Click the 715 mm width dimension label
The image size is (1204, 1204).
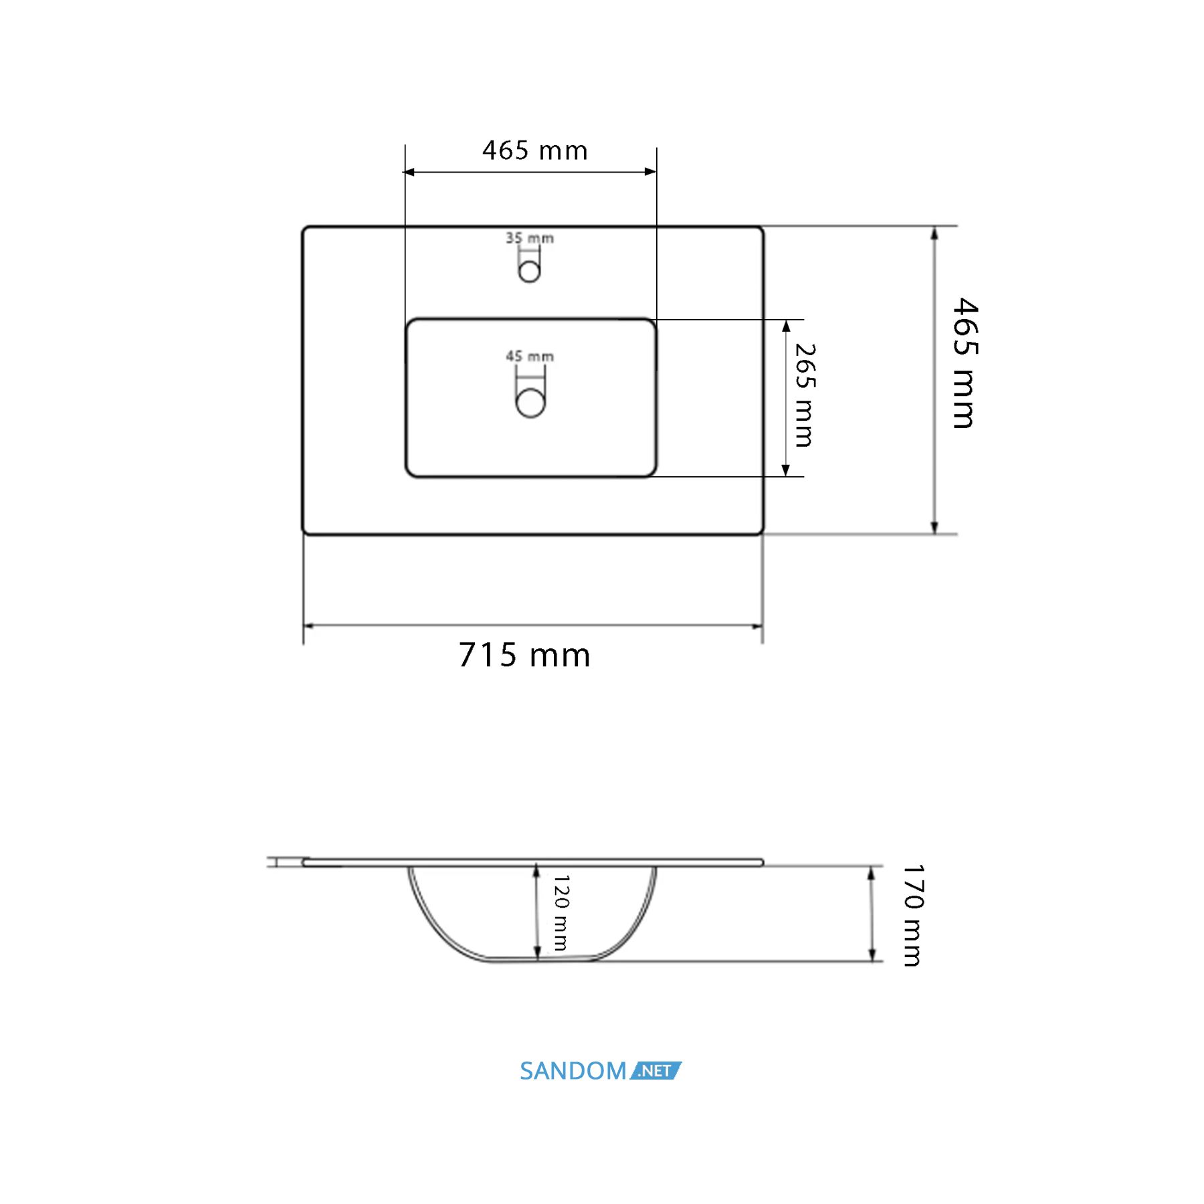524,655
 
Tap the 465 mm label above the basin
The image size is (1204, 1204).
535,150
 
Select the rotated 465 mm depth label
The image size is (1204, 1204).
965,363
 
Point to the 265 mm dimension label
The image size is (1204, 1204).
805,395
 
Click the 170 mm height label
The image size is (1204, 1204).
912,915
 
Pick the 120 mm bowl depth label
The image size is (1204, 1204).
561,912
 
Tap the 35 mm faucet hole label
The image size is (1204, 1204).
529,238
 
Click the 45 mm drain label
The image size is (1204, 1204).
530,357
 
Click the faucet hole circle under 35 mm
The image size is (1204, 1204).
529,272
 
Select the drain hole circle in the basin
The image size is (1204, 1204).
530,403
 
